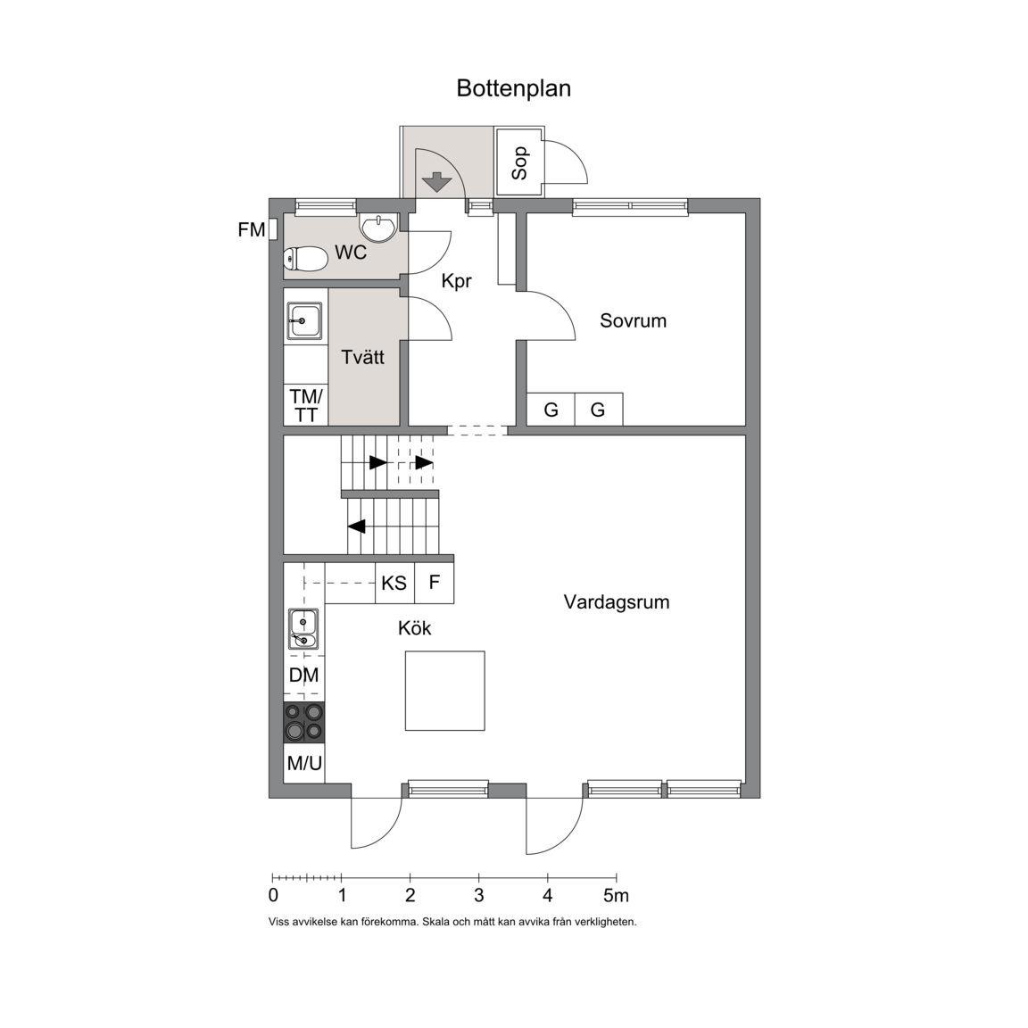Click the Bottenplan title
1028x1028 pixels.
click(513, 88)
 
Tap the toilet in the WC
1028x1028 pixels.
click(305, 258)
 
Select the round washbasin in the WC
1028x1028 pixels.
click(377, 228)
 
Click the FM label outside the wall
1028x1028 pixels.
click(251, 230)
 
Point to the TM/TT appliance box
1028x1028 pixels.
click(306, 405)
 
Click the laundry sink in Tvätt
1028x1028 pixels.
click(304, 321)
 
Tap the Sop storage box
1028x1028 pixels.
click(519, 162)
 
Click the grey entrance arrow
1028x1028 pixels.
click(436, 182)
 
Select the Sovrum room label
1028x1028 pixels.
click(633, 320)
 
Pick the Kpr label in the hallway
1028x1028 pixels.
click(456, 281)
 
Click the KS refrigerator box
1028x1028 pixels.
click(394, 583)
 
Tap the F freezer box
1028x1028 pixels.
click(434, 583)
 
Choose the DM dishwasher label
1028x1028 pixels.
click(303, 675)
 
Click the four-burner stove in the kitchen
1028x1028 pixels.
click(304, 722)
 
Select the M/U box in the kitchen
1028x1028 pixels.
click(304, 762)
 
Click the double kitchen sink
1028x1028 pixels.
click(303, 629)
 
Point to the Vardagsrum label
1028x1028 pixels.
click(617, 602)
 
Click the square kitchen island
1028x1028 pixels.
click(444, 691)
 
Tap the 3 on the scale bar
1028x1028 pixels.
click(479, 896)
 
